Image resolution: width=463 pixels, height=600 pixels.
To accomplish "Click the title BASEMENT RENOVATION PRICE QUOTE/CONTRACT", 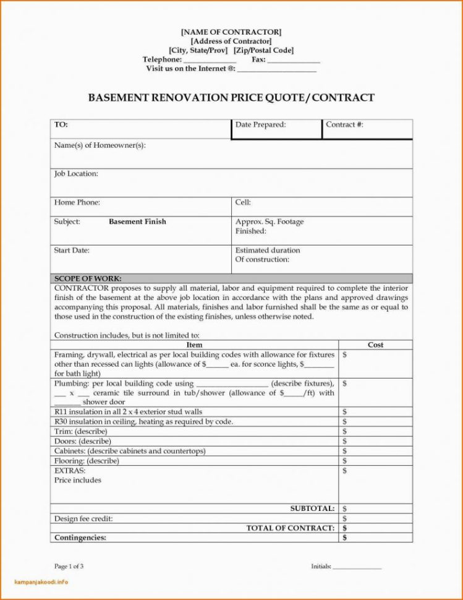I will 231,98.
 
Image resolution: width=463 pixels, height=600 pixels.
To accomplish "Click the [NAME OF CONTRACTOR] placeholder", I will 231,31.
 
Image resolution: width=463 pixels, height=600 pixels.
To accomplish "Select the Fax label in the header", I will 258,59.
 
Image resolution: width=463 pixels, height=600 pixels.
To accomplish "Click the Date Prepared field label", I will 260,125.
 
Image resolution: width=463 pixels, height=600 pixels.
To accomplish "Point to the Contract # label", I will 344,125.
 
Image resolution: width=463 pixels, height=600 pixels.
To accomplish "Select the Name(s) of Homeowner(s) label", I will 100,145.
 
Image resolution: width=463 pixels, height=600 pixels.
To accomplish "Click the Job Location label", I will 76,174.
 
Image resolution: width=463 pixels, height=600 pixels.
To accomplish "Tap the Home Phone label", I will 77,202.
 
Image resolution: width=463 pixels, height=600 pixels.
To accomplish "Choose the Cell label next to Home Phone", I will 242,202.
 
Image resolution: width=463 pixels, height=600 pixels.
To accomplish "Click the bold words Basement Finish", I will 137,221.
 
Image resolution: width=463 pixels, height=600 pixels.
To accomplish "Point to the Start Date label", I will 72,251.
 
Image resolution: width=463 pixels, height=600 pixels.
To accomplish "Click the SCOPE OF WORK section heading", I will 88,278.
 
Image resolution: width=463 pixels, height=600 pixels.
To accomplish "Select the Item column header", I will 194,345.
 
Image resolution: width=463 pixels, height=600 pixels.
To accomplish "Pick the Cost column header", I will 375,345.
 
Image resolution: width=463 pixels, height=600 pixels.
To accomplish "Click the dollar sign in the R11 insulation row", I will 344,411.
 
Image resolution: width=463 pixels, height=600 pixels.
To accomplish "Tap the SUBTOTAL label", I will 312,508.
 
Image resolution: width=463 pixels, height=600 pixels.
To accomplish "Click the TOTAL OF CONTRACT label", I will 291,528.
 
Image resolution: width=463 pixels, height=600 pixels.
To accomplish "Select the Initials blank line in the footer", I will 357,567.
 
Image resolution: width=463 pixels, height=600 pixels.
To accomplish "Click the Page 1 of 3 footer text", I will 69,566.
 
